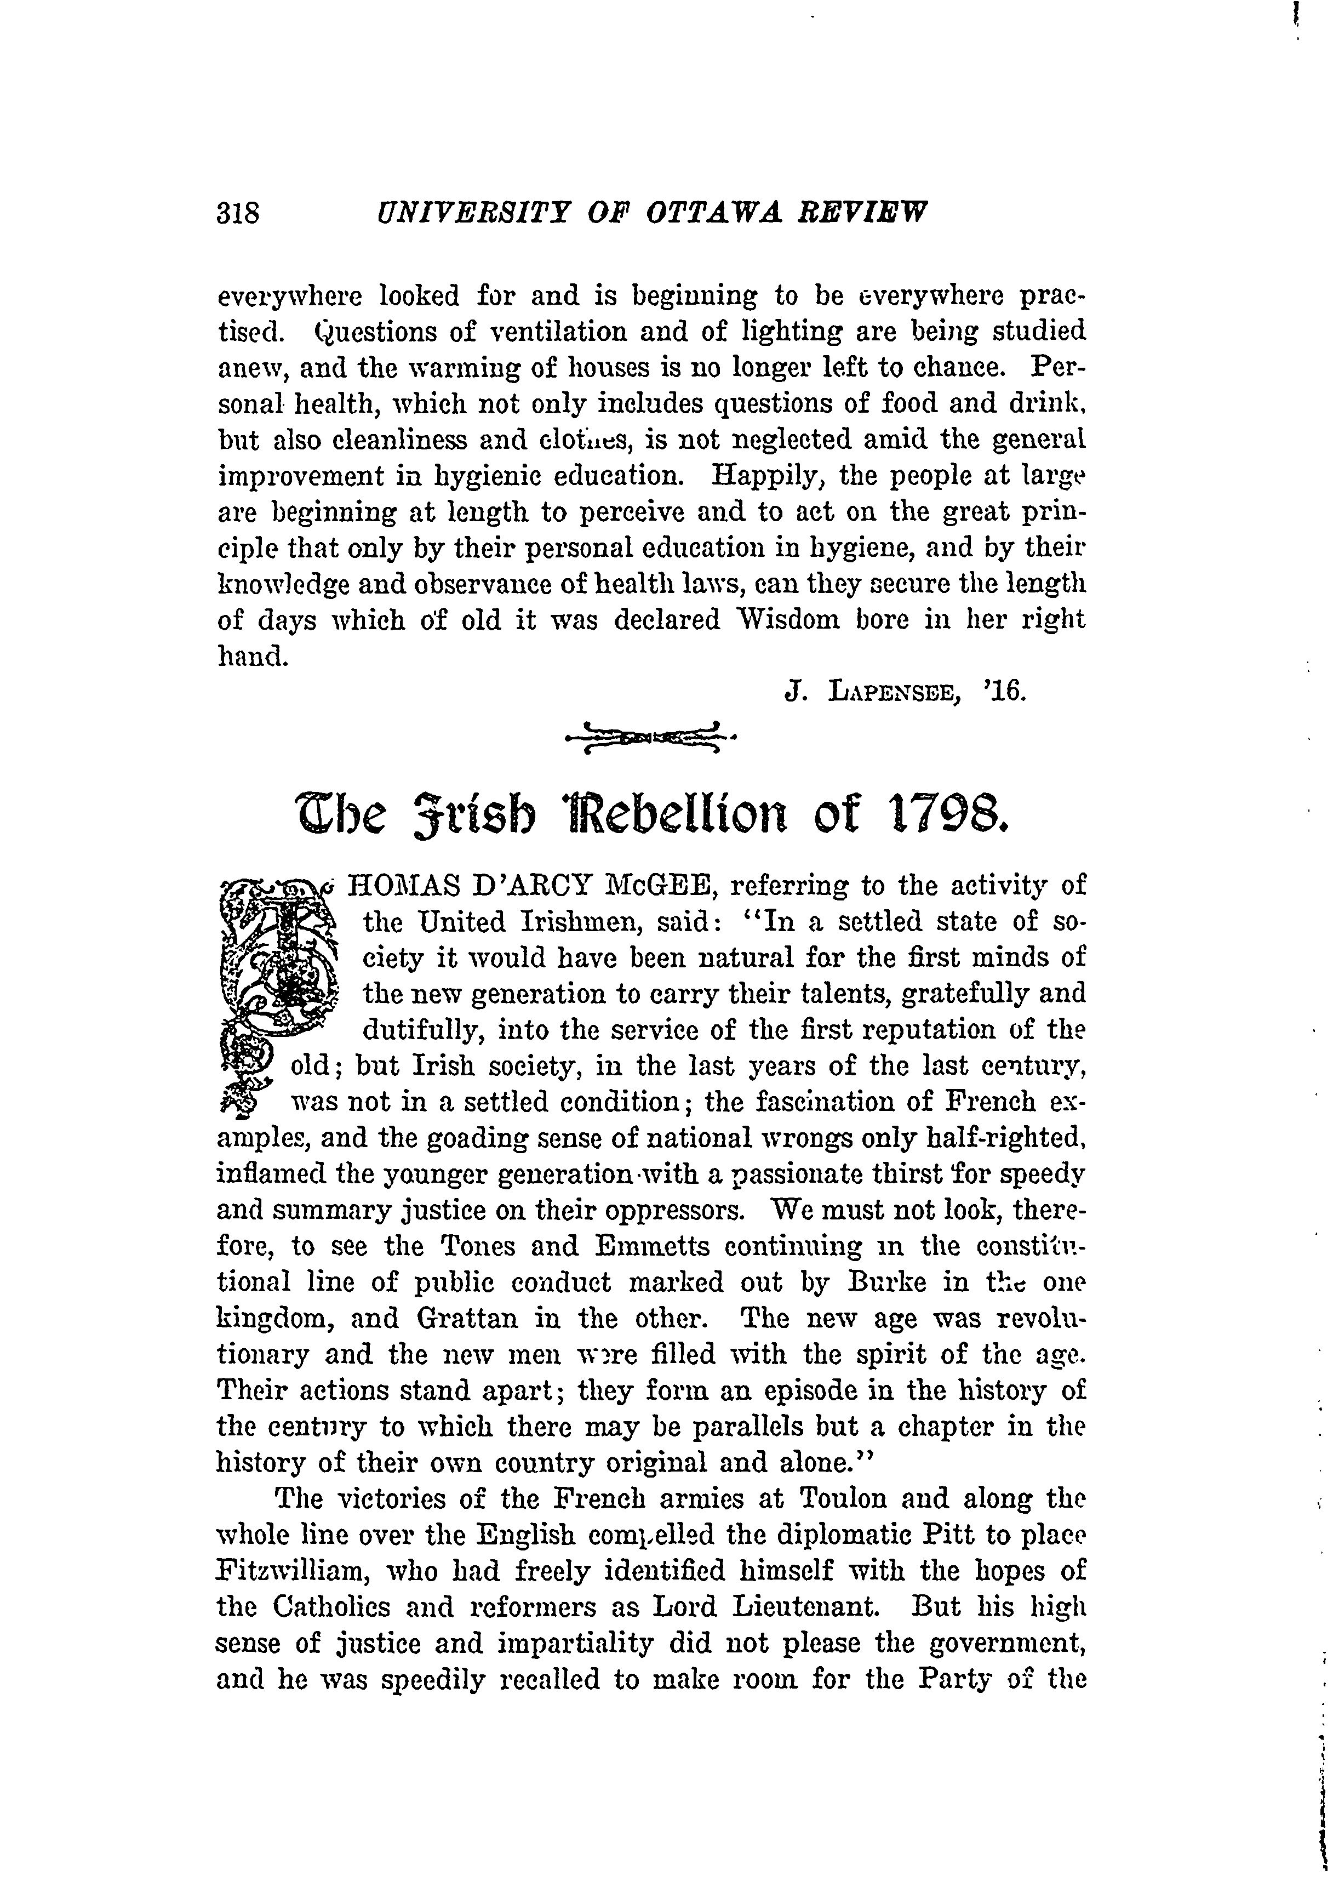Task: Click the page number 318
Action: coord(237,214)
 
